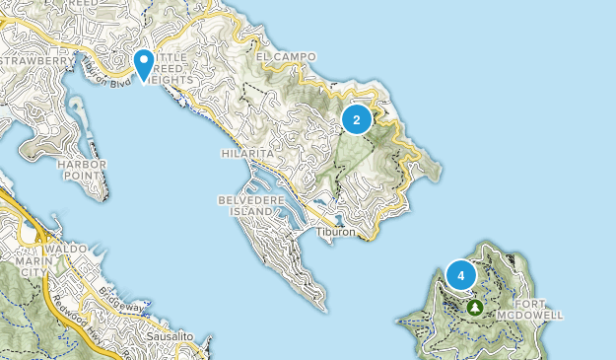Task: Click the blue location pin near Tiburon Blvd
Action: tap(144, 64)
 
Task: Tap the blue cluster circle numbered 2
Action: tap(356, 119)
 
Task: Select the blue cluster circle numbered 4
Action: tap(460, 274)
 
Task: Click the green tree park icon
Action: tap(475, 309)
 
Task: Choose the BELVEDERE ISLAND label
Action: tap(248, 205)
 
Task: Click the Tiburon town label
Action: tap(336, 232)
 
